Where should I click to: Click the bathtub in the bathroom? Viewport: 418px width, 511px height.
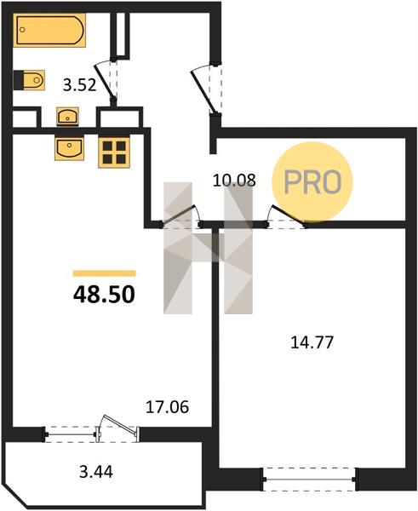(49, 31)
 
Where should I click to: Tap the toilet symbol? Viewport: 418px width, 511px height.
(29, 80)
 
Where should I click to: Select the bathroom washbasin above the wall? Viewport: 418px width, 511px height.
(67, 117)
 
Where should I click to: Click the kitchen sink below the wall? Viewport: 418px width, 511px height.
(69, 149)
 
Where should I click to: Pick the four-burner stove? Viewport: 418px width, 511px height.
(114, 152)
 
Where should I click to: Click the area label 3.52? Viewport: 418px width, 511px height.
(79, 85)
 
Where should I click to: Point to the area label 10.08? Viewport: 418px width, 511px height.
(233, 181)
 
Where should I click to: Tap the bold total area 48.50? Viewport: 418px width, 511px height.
(104, 295)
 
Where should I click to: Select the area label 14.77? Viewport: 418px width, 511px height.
(312, 342)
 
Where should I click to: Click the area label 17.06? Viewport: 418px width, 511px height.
(167, 407)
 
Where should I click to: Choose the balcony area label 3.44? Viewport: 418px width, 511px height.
(96, 472)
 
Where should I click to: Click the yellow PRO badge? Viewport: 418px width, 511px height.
(312, 182)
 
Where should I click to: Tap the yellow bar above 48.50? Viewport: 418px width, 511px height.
(104, 273)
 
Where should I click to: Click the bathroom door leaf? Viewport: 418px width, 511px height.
(104, 82)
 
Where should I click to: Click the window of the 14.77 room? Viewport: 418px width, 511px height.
(309, 479)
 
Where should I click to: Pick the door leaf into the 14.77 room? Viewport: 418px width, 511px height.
(289, 215)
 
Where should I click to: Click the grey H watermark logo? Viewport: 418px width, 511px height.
(208, 249)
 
